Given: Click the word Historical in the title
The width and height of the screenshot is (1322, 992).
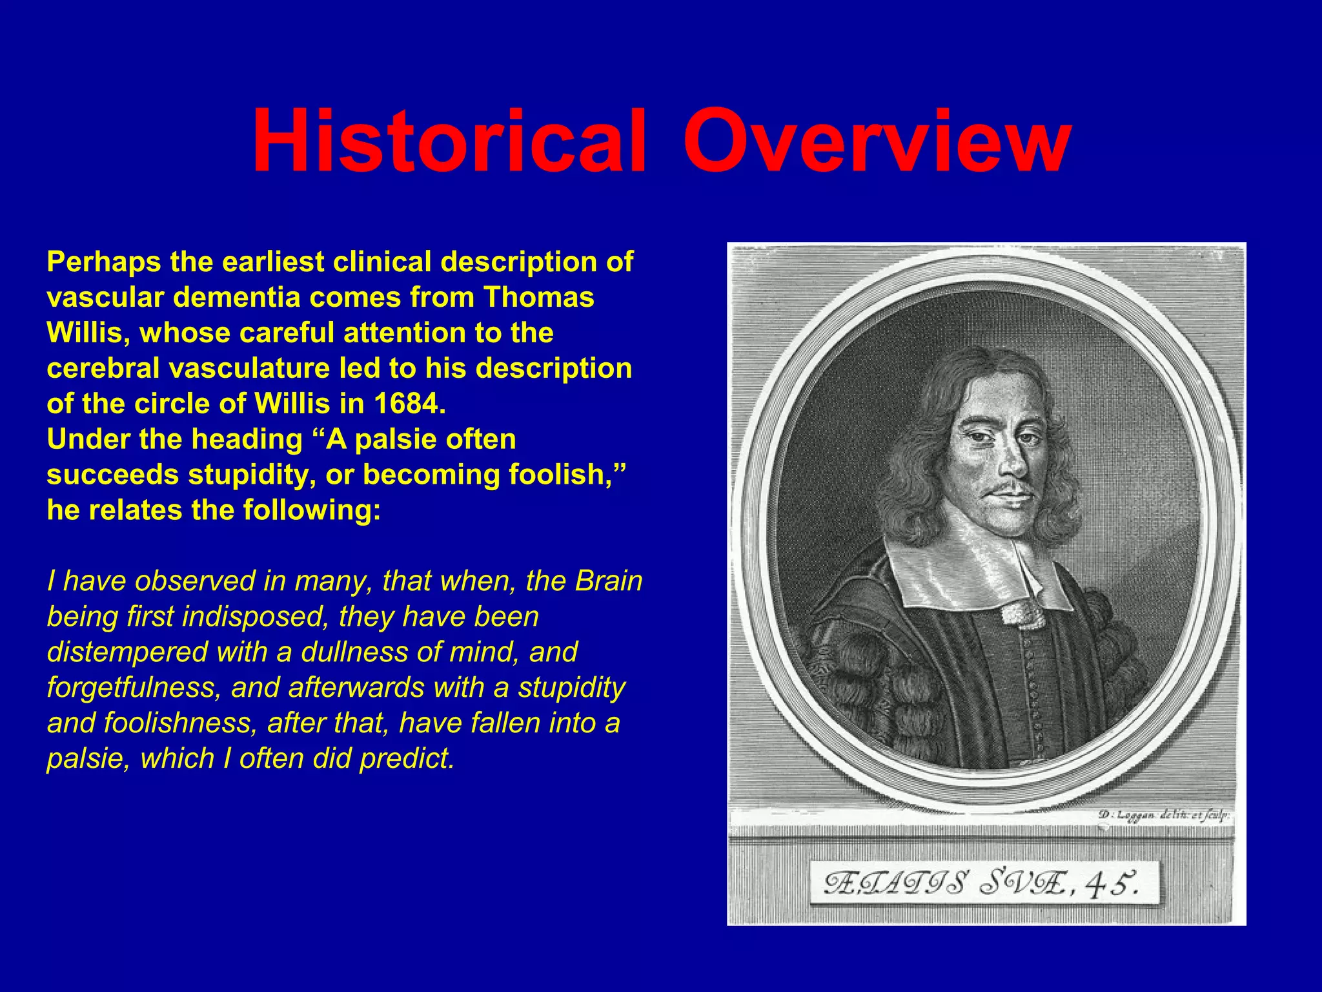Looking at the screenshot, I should point(449,142).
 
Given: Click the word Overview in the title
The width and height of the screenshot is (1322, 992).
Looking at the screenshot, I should point(877,142).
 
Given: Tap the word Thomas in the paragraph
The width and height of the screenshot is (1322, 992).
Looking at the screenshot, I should point(539,298).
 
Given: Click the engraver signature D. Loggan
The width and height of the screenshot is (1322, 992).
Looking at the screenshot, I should point(1126,815).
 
